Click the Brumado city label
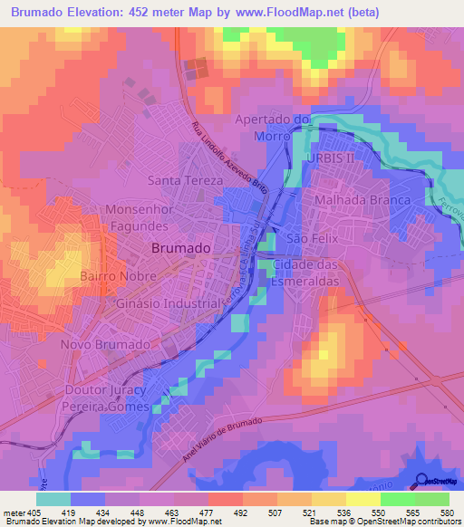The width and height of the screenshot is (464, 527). pyautogui.click(x=181, y=247)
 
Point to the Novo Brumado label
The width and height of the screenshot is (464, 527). pyautogui.click(x=104, y=345)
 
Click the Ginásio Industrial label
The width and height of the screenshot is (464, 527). pyautogui.click(x=168, y=304)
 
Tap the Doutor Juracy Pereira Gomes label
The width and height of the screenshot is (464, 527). pyautogui.click(x=105, y=398)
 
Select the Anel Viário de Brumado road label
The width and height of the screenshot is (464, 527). pyautogui.click(x=221, y=439)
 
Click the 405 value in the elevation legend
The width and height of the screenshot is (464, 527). pyautogui.click(x=24, y=512)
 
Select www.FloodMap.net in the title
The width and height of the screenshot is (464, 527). pyautogui.click(x=291, y=13)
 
